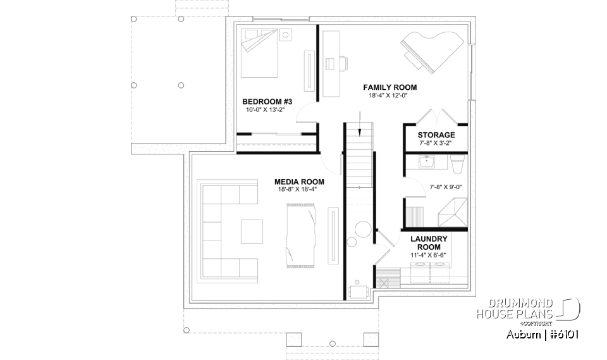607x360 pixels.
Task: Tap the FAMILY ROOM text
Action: click(x=389, y=87)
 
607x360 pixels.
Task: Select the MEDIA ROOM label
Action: click(x=296, y=180)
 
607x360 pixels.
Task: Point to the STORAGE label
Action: click(x=436, y=135)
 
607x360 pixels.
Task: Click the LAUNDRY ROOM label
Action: click(x=429, y=243)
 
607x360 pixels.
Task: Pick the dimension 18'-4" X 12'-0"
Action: click(x=389, y=96)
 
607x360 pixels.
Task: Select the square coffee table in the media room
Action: click(x=251, y=231)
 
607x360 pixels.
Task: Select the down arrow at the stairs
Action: click(x=359, y=124)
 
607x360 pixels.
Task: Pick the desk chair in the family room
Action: click(x=342, y=63)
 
